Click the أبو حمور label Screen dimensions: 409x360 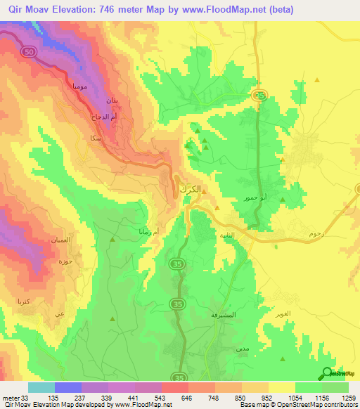pos(255,198)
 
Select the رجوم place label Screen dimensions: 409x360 pos(316,232)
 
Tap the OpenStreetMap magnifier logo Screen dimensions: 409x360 pos(327,374)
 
